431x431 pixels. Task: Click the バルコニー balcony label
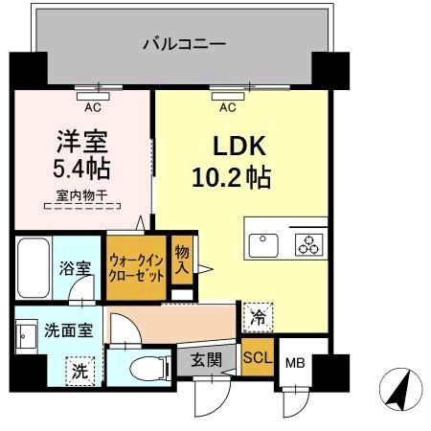184,43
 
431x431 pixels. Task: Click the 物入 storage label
181,258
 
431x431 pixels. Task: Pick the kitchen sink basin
262,246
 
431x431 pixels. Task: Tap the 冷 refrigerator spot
256,312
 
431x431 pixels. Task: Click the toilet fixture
143,367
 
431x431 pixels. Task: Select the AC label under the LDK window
227,107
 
